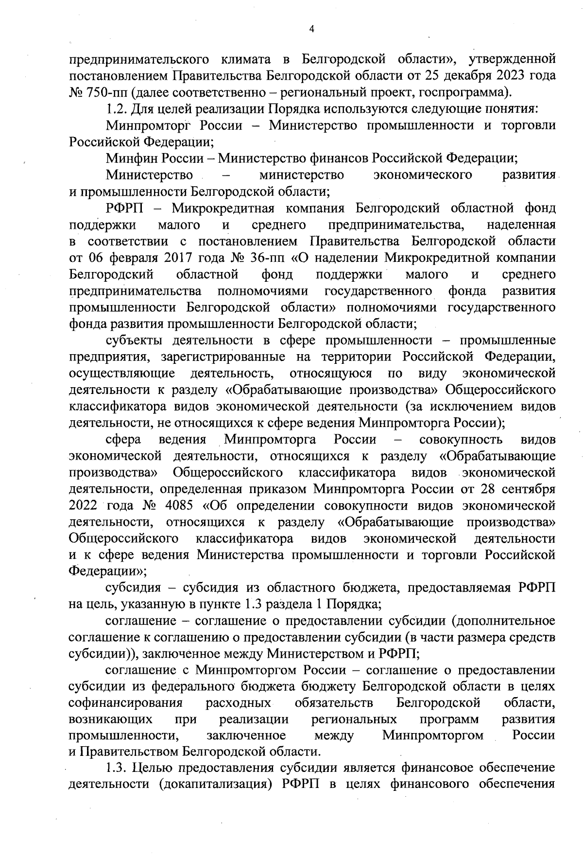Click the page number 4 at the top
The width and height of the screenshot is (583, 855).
(x=311, y=30)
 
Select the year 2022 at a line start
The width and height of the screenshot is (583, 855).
(x=84, y=505)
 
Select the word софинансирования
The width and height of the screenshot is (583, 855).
(x=126, y=703)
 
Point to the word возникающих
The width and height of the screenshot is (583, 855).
(x=111, y=719)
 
